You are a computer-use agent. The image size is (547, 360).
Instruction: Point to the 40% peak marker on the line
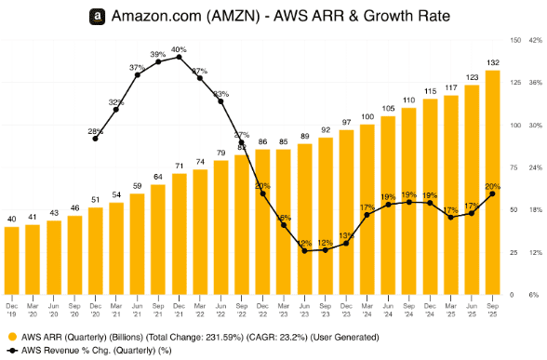coord(178,58)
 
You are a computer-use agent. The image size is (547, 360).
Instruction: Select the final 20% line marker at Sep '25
coord(493,193)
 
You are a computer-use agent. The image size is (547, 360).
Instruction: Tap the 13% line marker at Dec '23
coord(346,243)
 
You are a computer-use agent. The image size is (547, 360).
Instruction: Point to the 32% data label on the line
coord(116,101)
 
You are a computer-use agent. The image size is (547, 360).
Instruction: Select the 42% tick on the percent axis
coord(537,40)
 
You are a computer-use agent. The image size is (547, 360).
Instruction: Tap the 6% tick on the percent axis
coord(536,295)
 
